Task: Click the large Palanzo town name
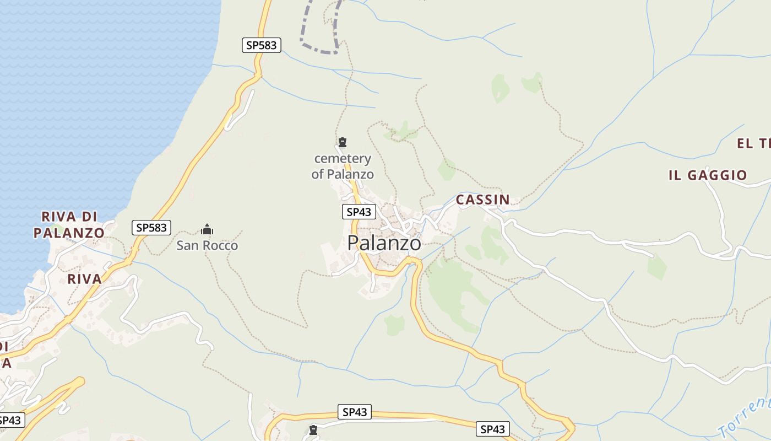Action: tap(384, 243)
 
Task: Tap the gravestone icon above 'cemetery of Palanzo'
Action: tap(343, 143)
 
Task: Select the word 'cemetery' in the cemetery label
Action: tap(343, 159)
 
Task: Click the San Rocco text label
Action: tap(207, 245)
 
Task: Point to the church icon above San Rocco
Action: tap(207, 229)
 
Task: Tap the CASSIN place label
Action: tap(482, 200)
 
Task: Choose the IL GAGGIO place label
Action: tap(708, 175)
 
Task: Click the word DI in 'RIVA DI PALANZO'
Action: tap(90, 216)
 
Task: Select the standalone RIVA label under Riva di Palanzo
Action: tap(85, 279)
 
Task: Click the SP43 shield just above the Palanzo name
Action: tap(359, 212)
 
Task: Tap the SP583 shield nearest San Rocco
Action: tap(151, 227)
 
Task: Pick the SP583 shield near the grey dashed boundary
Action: tap(262, 45)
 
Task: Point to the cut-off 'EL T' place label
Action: tap(753, 144)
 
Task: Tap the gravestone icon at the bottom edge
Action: tap(313, 430)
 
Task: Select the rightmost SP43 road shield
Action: tap(492, 429)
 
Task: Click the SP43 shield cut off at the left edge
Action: tap(11, 420)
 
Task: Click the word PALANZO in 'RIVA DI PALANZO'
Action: tap(69, 233)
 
